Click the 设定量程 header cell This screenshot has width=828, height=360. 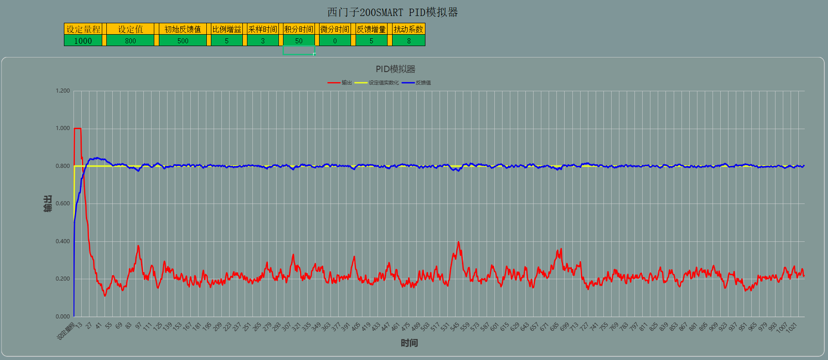tap(83, 29)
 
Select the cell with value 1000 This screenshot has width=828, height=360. tap(83, 41)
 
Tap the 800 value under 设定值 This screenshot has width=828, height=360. tap(131, 41)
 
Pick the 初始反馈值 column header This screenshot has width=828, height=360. tap(183, 29)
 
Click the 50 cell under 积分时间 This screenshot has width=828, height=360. tap(299, 41)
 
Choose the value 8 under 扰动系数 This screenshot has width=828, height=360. tap(409, 41)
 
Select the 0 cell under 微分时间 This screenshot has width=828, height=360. tap(335, 41)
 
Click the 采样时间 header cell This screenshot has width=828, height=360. tap(262, 29)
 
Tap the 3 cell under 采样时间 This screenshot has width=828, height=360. tap(262, 41)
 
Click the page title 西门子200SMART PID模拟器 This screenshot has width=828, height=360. tap(393, 12)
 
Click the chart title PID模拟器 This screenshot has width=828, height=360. tap(395, 69)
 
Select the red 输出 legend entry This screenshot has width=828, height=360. tap(340, 83)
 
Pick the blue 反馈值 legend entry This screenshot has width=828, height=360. tap(417, 83)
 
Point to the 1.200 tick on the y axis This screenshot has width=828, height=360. tap(63, 91)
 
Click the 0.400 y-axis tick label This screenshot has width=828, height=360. tap(63, 241)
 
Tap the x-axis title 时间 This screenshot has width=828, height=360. tap(409, 343)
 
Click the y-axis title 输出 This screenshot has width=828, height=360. tap(47, 203)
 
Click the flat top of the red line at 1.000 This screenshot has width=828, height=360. tap(78, 129)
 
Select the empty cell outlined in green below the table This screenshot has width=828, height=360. tap(299, 50)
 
